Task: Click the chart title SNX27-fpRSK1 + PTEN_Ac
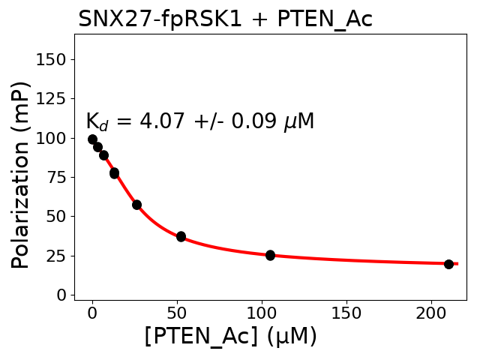click(x=225, y=19)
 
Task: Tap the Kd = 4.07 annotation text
click(x=199, y=121)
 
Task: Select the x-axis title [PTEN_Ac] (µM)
click(x=230, y=337)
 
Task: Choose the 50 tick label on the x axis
click(x=177, y=313)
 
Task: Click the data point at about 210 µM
click(x=448, y=264)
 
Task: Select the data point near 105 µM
click(x=270, y=255)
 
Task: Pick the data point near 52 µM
click(x=181, y=236)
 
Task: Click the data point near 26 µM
click(x=136, y=204)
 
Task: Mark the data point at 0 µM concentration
click(x=92, y=139)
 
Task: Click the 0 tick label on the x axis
click(x=92, y=313)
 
